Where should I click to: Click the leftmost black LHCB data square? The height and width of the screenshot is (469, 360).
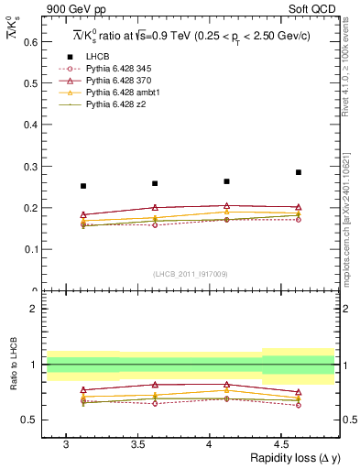point(83,186)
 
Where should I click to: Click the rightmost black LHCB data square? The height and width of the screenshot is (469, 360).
point(298,172)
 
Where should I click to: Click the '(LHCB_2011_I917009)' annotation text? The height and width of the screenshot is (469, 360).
point(190,273)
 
